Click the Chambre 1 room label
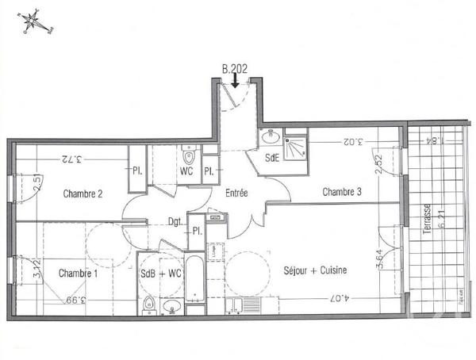point(78,273)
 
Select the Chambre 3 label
point(342,191)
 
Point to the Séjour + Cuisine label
point(315,270)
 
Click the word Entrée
point(236,193)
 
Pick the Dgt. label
point(176,223)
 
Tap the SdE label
point(272,157)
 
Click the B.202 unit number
point(235,69)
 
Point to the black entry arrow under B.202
point(235,80)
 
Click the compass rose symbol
point(33,22)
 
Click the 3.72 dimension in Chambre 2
point(71,159)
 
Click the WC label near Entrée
point(187,171)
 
